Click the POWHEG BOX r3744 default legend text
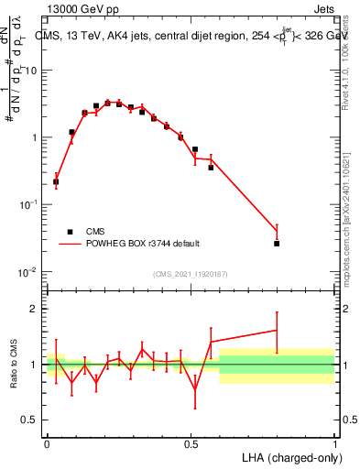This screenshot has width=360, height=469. pos(140,244)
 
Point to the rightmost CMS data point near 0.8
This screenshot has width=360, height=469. pos(277,244)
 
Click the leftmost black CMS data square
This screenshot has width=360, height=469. pos(56,181)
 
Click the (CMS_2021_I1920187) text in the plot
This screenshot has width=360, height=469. pos(191,274)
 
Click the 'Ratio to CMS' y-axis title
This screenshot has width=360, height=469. pos(12,365)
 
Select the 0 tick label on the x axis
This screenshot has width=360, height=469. pos(47,442)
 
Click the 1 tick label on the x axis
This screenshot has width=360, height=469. pos(335,442)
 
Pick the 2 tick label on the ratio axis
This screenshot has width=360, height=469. pos(35,309)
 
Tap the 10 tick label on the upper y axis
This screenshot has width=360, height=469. pos(33,70)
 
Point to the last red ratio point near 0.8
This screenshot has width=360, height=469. pos(277,330)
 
